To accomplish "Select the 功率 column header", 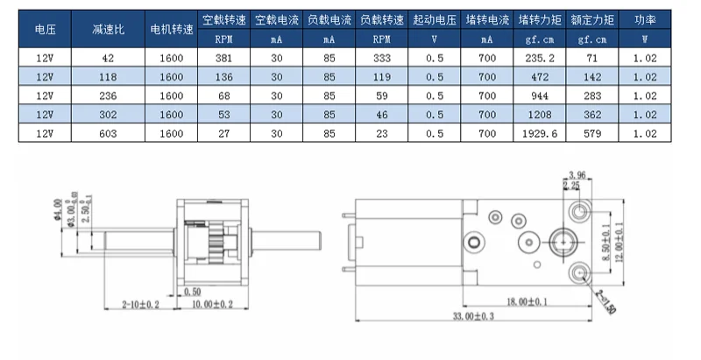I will pyautogui.click(x=644, y=19).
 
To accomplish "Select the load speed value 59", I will pyautogui.click(x=382, y=95).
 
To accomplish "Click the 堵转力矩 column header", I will pyautogui.click(x=535, y=19).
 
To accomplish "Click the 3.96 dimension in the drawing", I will pyautogui.click(x=576, y=175).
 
